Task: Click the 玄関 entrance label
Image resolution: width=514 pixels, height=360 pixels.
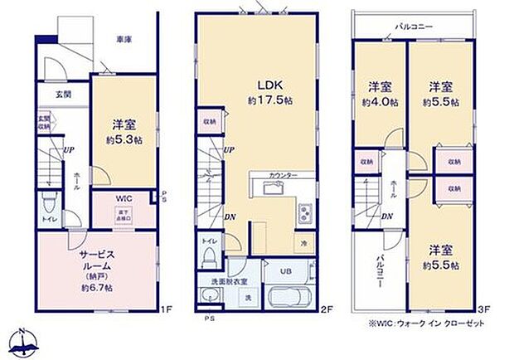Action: tap(63, 95)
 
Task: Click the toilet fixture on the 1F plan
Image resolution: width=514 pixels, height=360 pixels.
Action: tap(51, 203)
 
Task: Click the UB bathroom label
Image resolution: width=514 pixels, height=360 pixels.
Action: tap(284, 270)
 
